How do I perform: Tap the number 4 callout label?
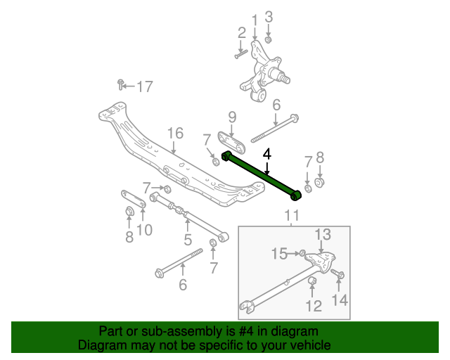pyautogui.click(x=266, y=153)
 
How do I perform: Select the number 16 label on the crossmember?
pyautogui.click(x=174, y=134)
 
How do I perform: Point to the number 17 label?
pyautogui.click(x=144, y=87)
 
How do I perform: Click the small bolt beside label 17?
pyautogui.click(x=122, y=85)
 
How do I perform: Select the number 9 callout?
pyautogui.click(x=231, y=117)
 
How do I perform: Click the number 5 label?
pyautogui.click(x=188, y=240)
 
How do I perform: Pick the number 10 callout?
pyautogui.click(x=144, y=230)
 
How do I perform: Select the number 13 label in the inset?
pyautogui.click(x=322, y=235)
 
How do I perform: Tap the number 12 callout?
pyautogui.click(x=314, y=306)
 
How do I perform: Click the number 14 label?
pyautogui.click(x=340, y=300)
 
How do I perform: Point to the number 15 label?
pyautogui.click(x=280, y=252)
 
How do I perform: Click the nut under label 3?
pyautogui.click(x=268, y=40)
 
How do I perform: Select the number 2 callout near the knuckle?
pyautogui.click(x=241, y=32)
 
